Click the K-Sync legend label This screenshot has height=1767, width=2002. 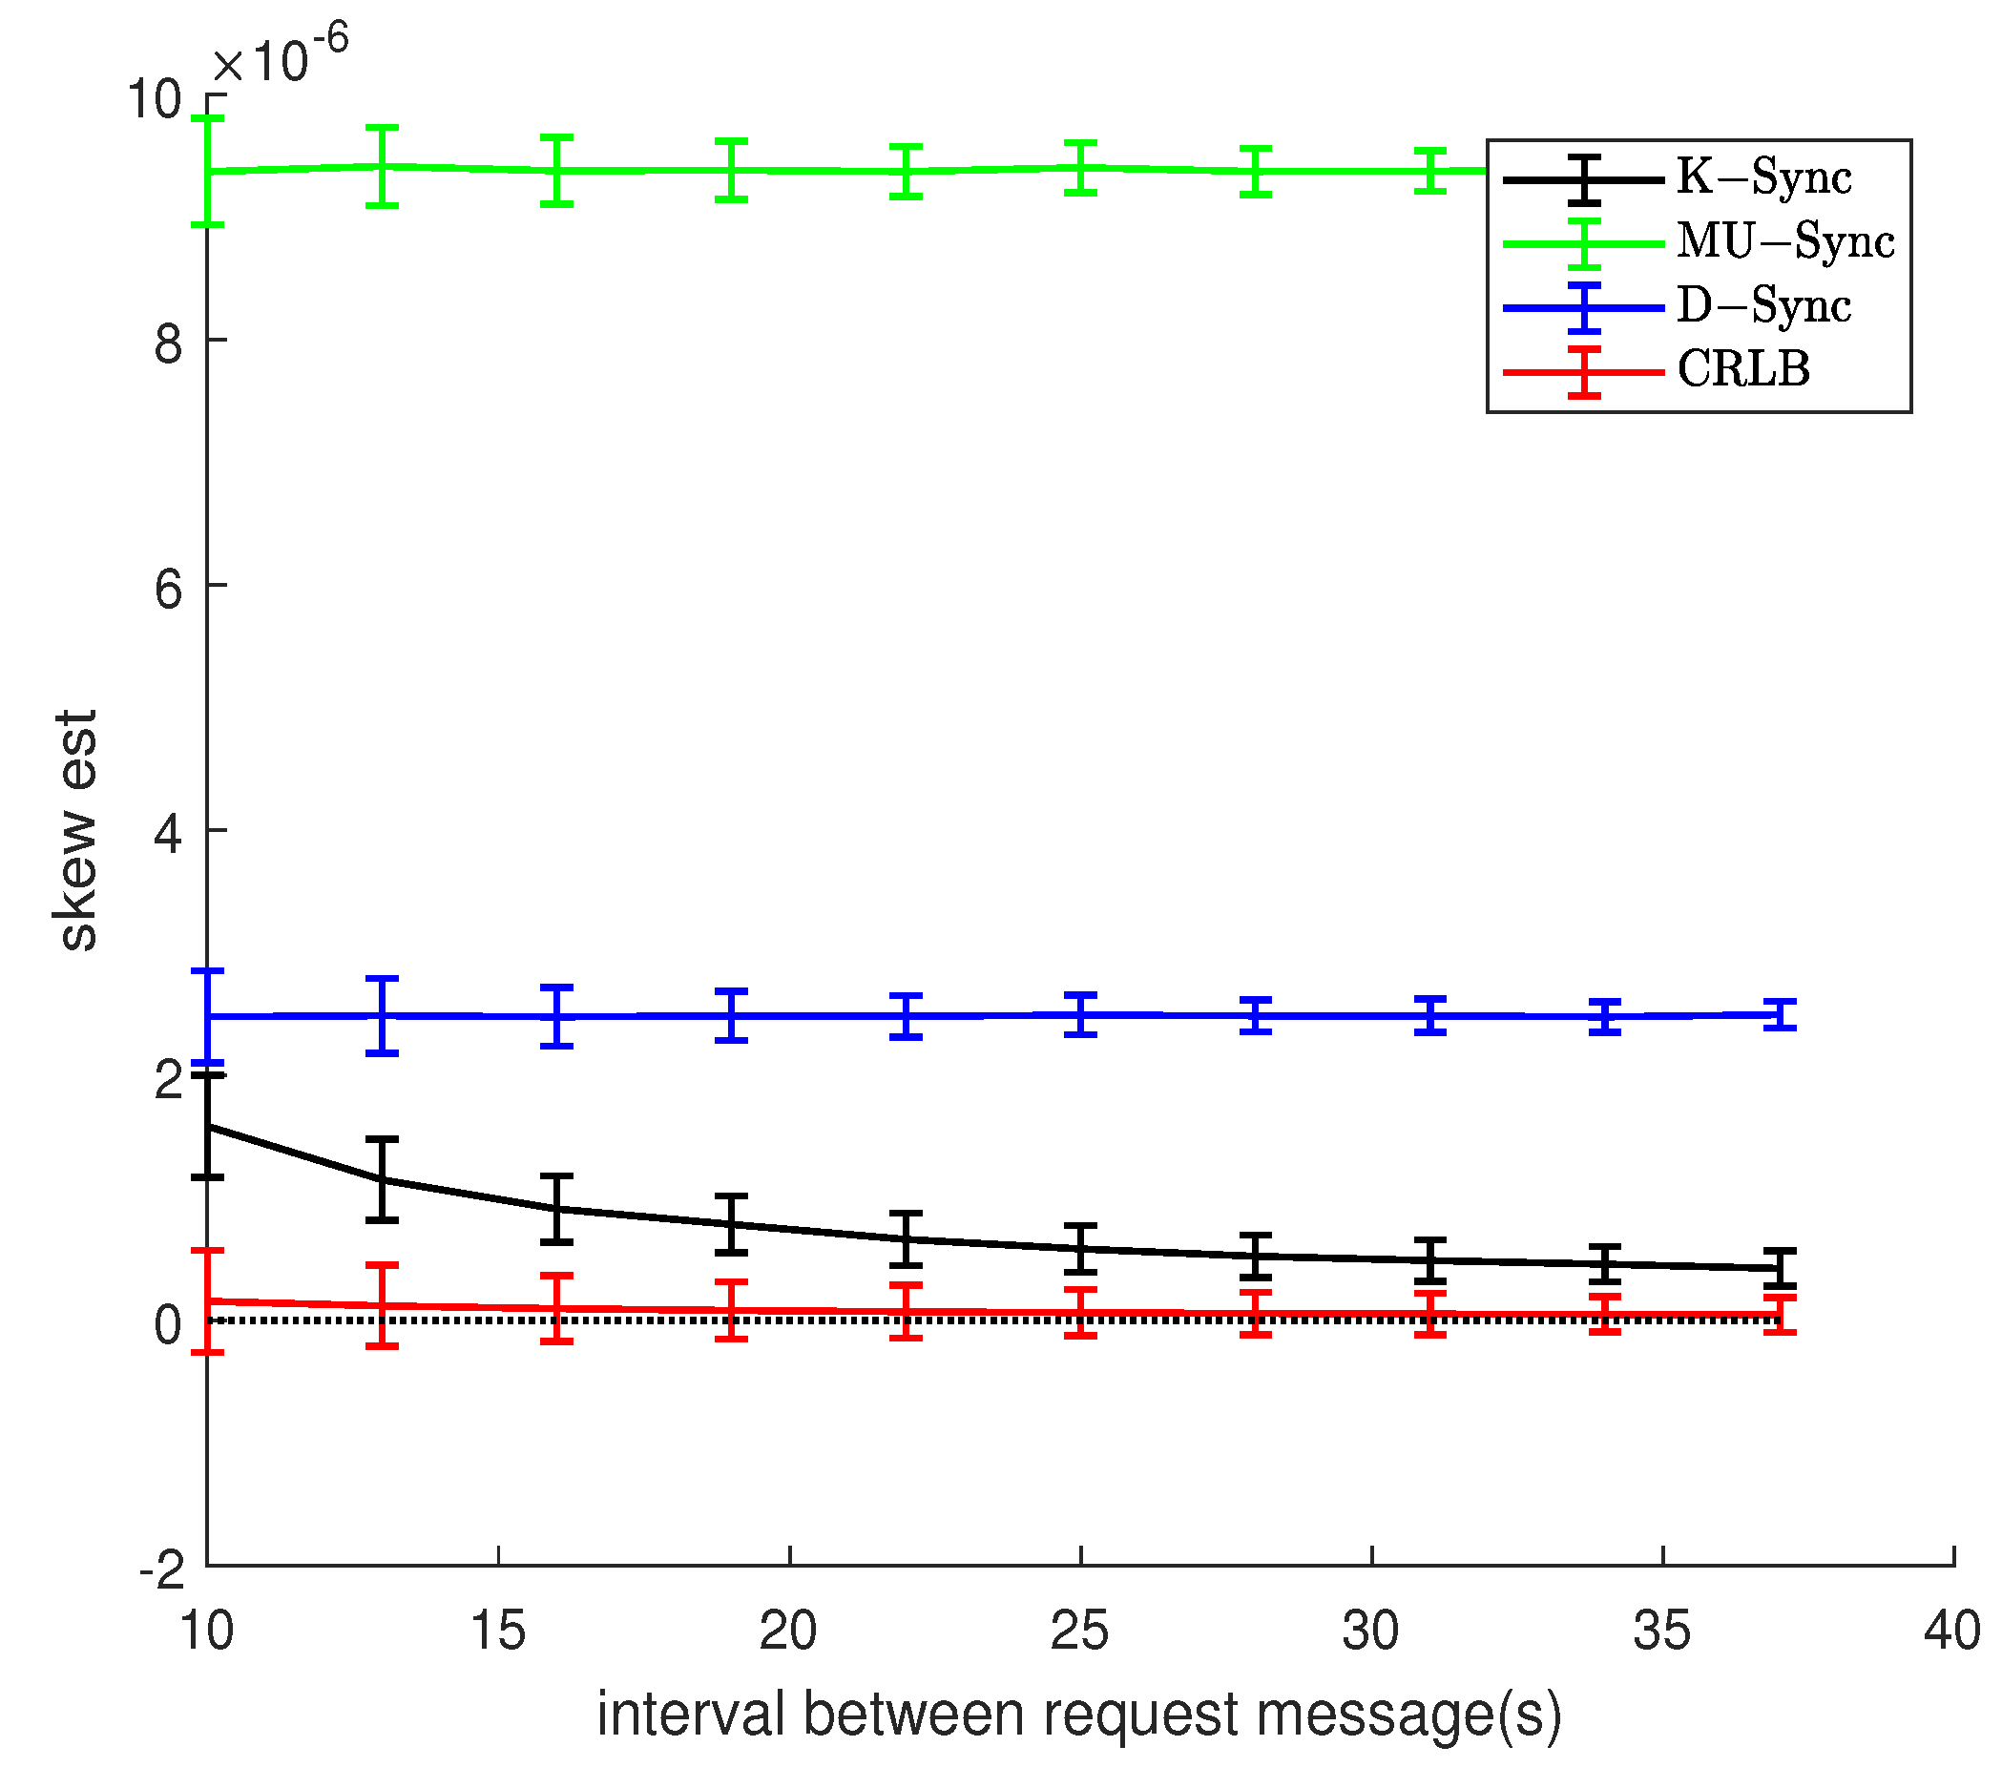point(1764,178)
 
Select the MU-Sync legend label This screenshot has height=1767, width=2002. point(1785,242)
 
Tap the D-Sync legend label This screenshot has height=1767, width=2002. point(1764,306)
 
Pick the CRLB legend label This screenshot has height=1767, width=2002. point(1743,370)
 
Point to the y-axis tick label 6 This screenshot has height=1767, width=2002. point(169,590)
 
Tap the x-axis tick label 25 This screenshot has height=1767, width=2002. point(1079,1632)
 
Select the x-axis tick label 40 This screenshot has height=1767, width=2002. point(1952,1632)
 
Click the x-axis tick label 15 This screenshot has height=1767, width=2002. point(497,1632)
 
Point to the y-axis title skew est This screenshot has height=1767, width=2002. point(76,831)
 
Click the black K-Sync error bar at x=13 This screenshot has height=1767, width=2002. point(382,1180)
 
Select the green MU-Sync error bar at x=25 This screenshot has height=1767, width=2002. point(1080,168)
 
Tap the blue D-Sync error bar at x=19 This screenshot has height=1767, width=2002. point(732,1016)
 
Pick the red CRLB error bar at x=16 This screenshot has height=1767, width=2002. point(556,1309)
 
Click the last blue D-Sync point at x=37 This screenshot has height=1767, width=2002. point(1780,1015)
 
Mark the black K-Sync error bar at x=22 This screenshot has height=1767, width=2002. point(906,1239)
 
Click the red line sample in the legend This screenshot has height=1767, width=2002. point(1584,372)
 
